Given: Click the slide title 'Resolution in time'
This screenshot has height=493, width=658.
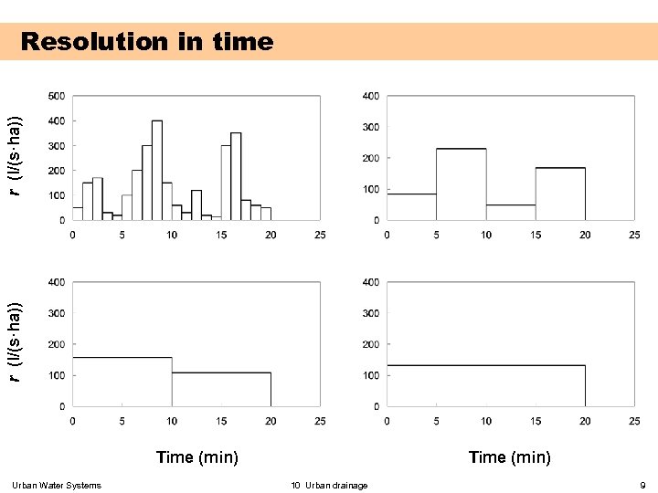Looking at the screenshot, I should pos(146,42).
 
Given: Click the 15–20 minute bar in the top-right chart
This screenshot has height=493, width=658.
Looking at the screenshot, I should pos(560,194).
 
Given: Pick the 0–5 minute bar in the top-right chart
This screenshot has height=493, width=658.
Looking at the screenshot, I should pos(411,206).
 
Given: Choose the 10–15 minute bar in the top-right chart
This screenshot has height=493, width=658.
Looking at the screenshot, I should pos(511,212).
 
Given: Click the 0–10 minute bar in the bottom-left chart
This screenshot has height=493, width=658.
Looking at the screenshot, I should pos(122,382).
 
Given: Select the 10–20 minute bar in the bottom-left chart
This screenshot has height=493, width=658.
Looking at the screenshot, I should pos(221,389).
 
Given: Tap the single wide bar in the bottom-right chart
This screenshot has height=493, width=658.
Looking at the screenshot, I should pos(485,385).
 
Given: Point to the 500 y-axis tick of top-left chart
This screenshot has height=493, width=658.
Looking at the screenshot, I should pos(56,96).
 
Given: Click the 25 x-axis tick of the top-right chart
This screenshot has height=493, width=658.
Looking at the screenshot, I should pos(634,235).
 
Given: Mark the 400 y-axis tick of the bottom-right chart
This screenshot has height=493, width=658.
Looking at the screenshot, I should pos(371,282).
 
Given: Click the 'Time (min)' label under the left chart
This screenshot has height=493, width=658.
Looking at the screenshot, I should pos(197,457).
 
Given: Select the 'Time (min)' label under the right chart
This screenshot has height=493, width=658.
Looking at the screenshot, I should pos(510,457).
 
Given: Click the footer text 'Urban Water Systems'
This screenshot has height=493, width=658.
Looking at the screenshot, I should pos(57,485).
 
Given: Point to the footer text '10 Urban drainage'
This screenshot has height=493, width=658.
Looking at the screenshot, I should pos(329,485).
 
